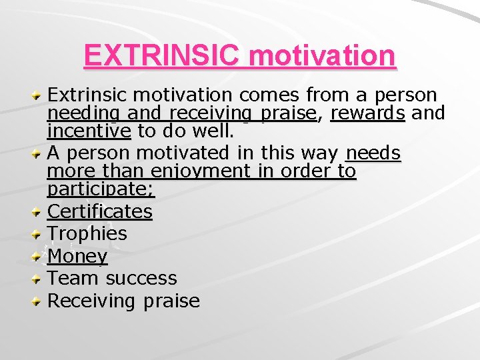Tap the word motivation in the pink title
tap(322, 56)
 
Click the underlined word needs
tap(373, 153)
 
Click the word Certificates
tap(100, 211)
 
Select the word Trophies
tap(87, 233)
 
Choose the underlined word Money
tap(77, 256)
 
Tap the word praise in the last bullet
tap(171, 301)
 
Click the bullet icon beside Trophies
tap(39, 235)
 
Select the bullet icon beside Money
tap(39, 257)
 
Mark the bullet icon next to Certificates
tap(39, 213)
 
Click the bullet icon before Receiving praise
tap(39, 302)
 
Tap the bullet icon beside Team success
tap(39, 279)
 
